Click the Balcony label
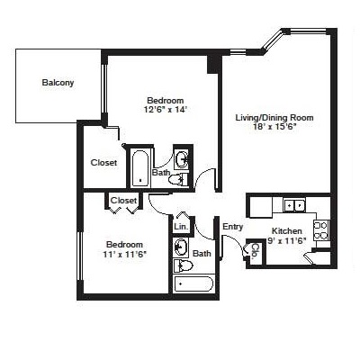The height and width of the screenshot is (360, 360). pyautogui.click(x=58, y=83)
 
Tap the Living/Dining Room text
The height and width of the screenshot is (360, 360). pyautogui.click(x=274, y=117)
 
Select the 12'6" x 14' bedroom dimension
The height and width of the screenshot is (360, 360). pyautogui.click(x=166, y=110)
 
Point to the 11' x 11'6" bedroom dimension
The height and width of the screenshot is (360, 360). pyautogui.click(x=124, y=255)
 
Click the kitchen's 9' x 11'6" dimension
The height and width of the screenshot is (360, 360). pyautogui.click(x=286, y=240)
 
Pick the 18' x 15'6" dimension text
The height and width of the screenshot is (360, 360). pyautogui.click(x=274, y=126)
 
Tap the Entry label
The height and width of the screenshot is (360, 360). pyautogui.click(x=232, y=227)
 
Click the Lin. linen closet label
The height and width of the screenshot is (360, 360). pyautogui.click(x=181, y=227)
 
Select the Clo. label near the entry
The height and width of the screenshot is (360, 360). pyautogui.click(x=255, y=251)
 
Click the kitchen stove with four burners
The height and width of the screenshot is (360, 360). pyautogui.click(x=321, y=230)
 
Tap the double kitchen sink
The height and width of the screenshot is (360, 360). pyautogui.click(x=294, y=205)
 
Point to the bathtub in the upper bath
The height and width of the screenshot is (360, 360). pyautogui.click(x=140, y=168)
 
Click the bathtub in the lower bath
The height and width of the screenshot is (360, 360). pyautogui.click(x=193, y=283)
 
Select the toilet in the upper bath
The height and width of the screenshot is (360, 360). pyautogui.click(x=178, y=180)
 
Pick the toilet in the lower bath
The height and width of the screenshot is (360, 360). pyautogui.click(x=183, y=265)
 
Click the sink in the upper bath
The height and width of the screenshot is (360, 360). pyautogui.click(x=182, y=159)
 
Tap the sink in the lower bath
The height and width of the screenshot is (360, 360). pyautogui.click(x=181, y=247)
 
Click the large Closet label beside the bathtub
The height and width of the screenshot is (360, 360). pyautogui.click(x=103, y=163)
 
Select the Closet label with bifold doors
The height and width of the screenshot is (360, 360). pyautogui.click(x=123, y=200)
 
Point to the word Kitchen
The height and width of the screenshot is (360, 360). pyautogui.click(x=287, y=231)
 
